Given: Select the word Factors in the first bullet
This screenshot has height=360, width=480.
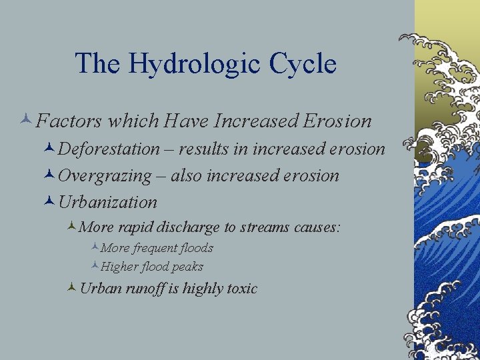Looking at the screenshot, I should [x=69, y=121].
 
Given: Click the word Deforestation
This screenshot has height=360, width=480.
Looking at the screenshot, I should [x=109, y=149].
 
